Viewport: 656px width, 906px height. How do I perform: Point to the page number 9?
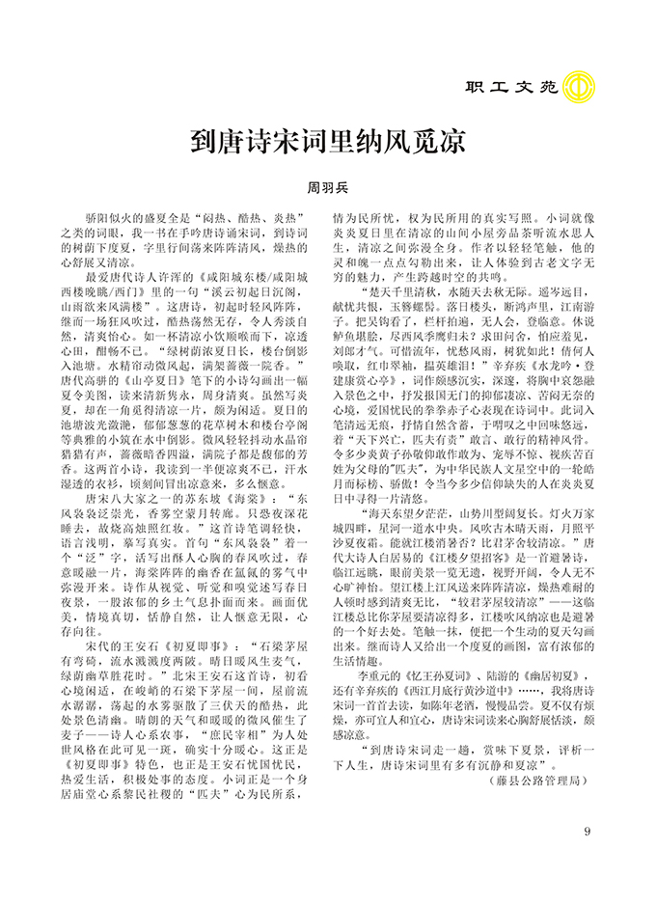588,834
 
